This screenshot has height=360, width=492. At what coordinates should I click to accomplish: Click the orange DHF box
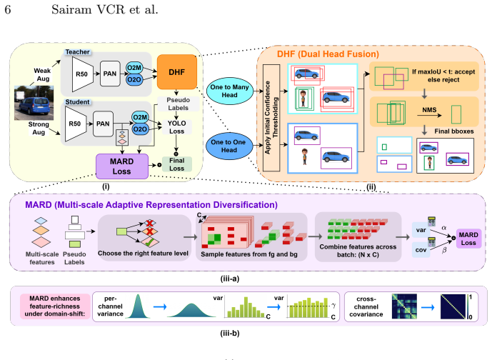coord(176,72)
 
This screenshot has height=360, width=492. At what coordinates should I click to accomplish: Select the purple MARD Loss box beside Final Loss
coord(121,166)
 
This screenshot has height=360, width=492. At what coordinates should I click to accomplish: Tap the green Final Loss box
coord(176,164)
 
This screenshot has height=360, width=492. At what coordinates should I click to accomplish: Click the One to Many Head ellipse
coord(229,91)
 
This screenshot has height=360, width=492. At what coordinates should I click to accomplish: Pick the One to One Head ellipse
coord(229,146)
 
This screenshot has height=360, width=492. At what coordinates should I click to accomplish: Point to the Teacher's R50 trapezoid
coord(83,74)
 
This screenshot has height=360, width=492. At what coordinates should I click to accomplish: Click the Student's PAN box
coord(103,124)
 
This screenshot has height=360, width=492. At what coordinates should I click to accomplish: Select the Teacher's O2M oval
coord(134,68)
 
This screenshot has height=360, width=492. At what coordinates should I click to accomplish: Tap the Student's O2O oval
coord(140,129)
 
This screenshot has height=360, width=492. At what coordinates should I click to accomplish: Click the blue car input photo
coord(34,103)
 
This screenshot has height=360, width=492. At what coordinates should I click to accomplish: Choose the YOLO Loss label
coord(176,127)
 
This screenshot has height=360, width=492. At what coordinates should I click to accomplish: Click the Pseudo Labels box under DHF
coord(178,104)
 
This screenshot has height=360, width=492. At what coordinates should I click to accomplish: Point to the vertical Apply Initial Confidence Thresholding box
coord(271,118)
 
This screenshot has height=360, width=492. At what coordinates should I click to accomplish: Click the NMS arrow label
coord(429,110)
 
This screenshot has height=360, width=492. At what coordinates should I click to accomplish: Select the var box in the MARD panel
coord(421,230)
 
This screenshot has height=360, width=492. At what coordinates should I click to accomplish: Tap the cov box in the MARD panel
coord(421,250)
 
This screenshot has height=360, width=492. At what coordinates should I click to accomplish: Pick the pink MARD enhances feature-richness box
coord(55,306)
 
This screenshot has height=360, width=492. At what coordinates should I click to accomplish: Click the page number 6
coord(8,10)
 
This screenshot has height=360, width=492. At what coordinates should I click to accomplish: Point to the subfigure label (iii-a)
coord(230,279)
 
